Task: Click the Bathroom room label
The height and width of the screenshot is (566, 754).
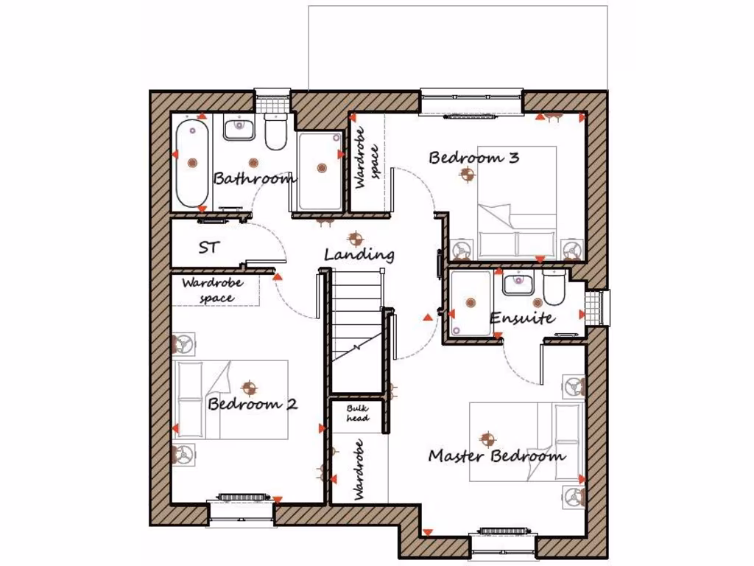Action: [x=254, y=178]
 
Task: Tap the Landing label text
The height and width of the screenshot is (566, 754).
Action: [x=359, y=255]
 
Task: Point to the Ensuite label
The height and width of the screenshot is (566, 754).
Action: [x=523, y=318]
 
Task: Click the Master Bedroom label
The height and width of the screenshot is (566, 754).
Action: [x=497, y=455]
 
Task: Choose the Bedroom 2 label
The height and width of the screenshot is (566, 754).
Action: [x=253, y=404]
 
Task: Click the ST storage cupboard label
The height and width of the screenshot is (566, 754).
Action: [x=208, y=248]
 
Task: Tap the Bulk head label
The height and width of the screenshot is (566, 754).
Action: [x=358, y=413]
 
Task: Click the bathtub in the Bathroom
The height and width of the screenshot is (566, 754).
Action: [x=192, y=164]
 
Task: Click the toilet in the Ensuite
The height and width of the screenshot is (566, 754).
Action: [x=553, y=289]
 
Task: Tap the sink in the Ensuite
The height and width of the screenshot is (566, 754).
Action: [x=519, y=282]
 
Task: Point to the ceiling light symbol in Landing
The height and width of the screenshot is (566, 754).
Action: [x=355, y=238]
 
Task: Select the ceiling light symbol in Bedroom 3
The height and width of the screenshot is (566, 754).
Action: [x=466, y=175]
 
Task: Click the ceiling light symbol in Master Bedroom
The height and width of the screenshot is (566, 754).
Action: [x=486, y=439]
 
